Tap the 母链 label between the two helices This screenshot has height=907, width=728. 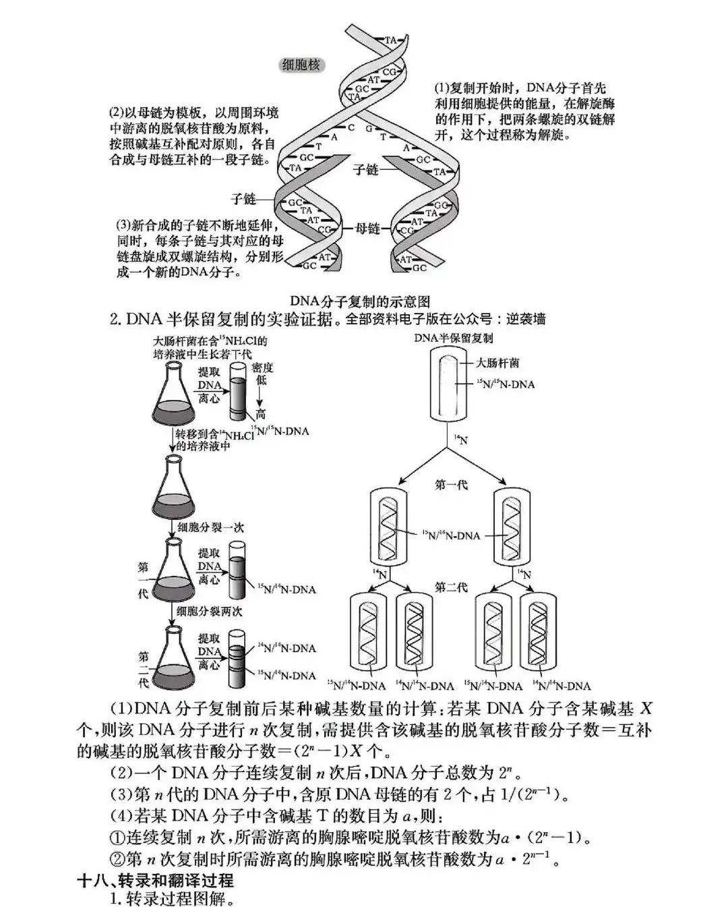pyautogui.click(x=367, y=228)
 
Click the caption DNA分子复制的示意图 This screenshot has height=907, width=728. pyautogui.click(x=360, y=301)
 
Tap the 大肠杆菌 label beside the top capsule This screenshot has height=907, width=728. pyautogui.click(x=497, y=363)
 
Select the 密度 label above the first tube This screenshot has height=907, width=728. pyautogui.click(x=262, y=367)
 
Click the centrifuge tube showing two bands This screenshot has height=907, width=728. pyautogui.click(x=237, y=657)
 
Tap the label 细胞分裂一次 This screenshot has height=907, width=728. pyautogui.click(x=210, y=527)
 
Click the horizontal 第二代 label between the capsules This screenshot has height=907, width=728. pyautogui.click(x=451, y=587)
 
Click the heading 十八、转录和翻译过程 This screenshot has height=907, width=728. pyautogui.click(x=156, y=880)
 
